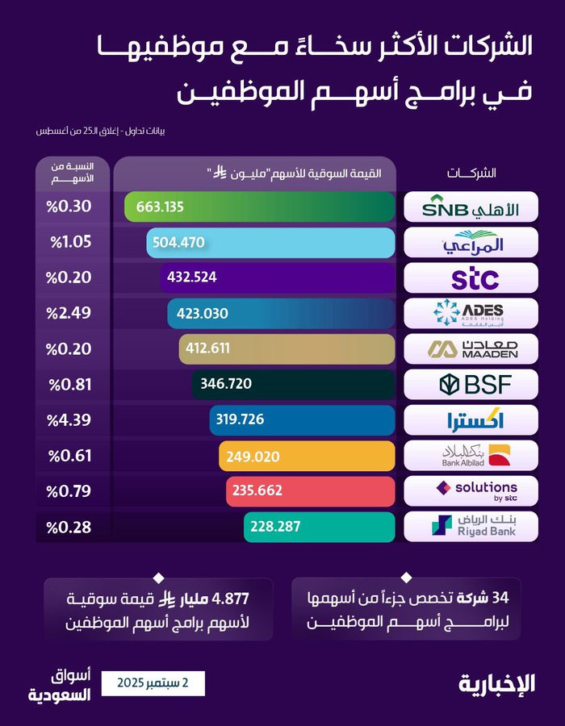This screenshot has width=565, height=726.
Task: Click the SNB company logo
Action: coord(471,207)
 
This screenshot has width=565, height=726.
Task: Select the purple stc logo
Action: coord(475,277)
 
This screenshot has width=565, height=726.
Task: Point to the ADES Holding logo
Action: coord(469,313)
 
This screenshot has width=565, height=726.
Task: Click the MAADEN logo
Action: coord(472,349)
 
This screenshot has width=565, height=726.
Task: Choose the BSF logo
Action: coord(475,384)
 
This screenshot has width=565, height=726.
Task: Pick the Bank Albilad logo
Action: coord(475,456)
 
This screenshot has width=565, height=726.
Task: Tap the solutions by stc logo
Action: coord(476,490)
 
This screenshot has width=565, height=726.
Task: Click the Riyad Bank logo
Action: coord(474,526)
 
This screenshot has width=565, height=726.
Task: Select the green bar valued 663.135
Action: coord(260,207)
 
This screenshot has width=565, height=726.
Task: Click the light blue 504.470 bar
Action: coord(271,242)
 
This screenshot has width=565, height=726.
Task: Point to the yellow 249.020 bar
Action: coord(307,456)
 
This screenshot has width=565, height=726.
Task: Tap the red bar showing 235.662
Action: coord(311,490)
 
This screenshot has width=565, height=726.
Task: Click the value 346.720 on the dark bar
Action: coord(226,384)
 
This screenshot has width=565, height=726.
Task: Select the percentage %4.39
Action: coord(69,420)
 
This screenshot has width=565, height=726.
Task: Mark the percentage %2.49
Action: coord(69,313)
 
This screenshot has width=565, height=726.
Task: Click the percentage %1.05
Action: coord(71,242)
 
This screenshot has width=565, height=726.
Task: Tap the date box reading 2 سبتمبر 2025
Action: coord(153,683)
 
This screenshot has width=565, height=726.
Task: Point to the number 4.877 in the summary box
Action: coord(230,599)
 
